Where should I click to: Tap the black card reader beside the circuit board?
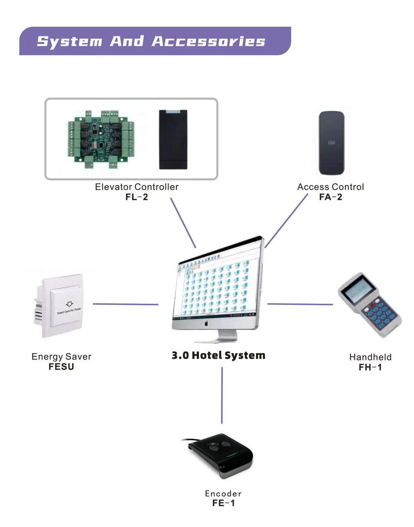click(173, 139)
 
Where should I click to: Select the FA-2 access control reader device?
click(332, 143)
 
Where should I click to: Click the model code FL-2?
click(136, 197)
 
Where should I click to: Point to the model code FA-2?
click(330, 197)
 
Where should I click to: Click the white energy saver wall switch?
click(60, 305)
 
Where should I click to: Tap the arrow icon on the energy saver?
click(69, 304)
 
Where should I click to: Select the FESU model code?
click(61, 367)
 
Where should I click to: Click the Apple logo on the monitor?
click(206, 323)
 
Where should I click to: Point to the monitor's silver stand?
click(227, 336)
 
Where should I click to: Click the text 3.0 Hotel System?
click(218, 355)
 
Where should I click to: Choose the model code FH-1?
click(370, 367)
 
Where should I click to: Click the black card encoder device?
click(220, 455)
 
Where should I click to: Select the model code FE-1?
click(223, 503)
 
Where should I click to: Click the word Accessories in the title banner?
click(208, 41)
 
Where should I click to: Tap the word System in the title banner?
click(70, 41)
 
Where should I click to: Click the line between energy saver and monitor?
click(125, 304)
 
